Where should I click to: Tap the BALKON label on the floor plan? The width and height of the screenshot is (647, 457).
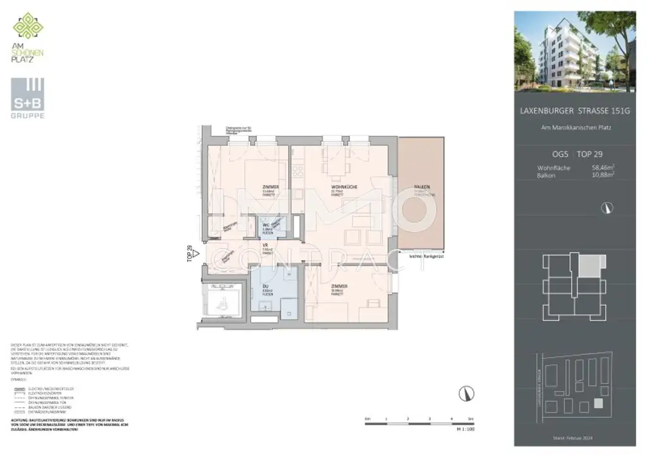[x=422, y=187]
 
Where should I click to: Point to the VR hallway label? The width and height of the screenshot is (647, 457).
[x=266, y=247]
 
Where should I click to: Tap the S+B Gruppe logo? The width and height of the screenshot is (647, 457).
[x=27, y=97]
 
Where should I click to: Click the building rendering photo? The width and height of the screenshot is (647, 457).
[x=574, y=50]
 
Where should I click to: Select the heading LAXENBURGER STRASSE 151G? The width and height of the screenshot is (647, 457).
[x=574, y=111]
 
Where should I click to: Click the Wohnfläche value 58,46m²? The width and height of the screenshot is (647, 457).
[x=603, y=168]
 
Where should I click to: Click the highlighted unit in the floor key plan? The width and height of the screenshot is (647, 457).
[x=589, y=266]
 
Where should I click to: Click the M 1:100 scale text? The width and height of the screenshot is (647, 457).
[x=464, y=429]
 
